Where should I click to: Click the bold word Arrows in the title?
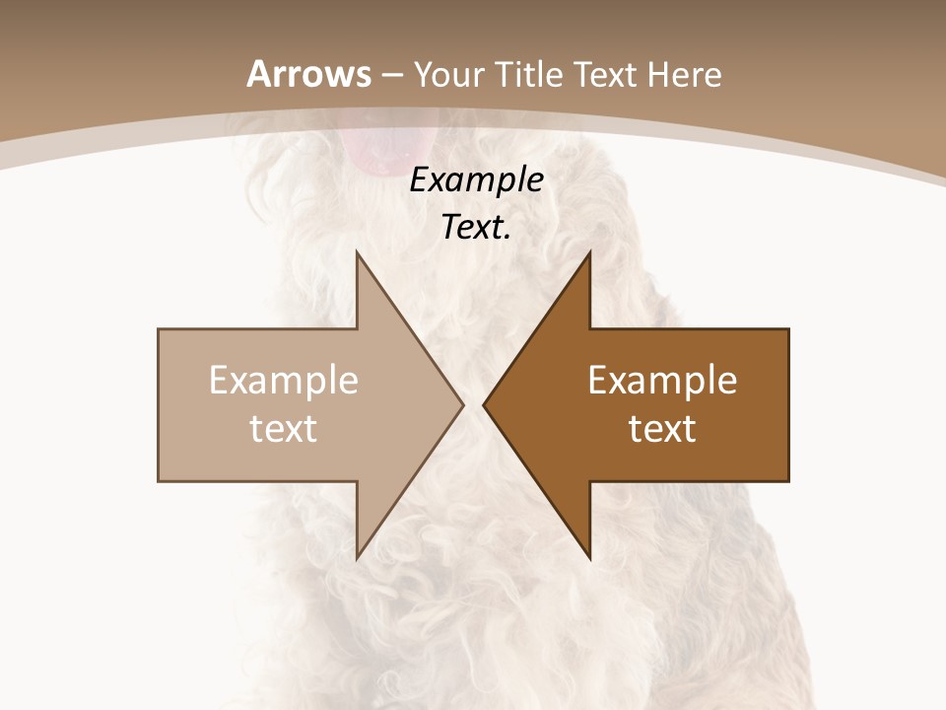click(x=309, y=75)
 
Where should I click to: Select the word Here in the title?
click(x=684, y=75)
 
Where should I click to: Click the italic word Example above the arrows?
click(x=476, y=179)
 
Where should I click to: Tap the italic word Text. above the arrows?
click(x=476, y=228)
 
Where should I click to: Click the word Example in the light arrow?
click(x=284, y=381)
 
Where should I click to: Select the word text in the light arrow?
click(x=284, y=429)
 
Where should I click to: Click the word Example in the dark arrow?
click(x=662, y=381)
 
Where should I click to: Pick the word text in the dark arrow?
click(x=662, y=429)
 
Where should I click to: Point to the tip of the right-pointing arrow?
click(x=461, y=404)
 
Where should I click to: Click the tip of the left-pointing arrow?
click(x=486, y=404)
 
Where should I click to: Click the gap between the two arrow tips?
click(x=473, y=404)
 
